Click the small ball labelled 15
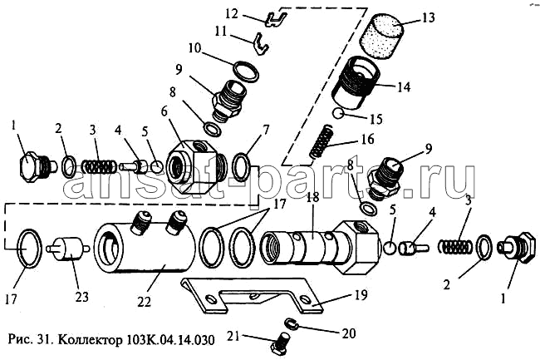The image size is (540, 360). (337, 114)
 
